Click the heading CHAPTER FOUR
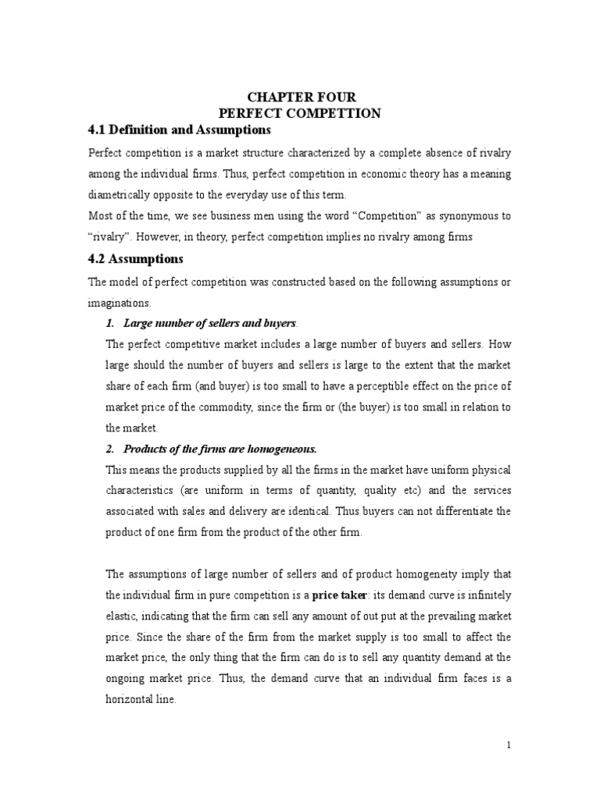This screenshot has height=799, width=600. point(302,97)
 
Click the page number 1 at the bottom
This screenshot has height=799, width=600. point(509,745)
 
